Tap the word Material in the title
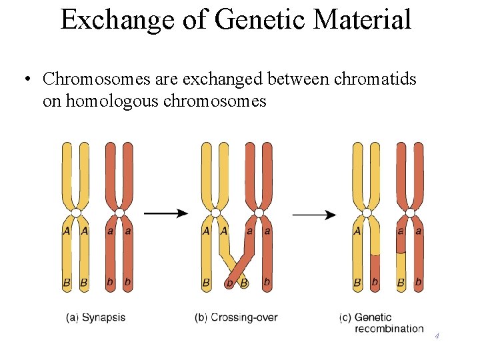363,19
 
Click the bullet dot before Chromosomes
25,80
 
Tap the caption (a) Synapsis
96,317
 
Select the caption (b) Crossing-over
236,317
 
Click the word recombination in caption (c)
389,329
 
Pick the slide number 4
437,336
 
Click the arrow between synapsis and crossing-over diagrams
166,213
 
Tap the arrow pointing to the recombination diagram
314,215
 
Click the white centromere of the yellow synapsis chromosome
76,213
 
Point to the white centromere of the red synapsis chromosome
119,213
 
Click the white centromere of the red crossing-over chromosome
258,213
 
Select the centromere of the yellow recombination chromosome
366,213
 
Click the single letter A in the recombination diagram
357,231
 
